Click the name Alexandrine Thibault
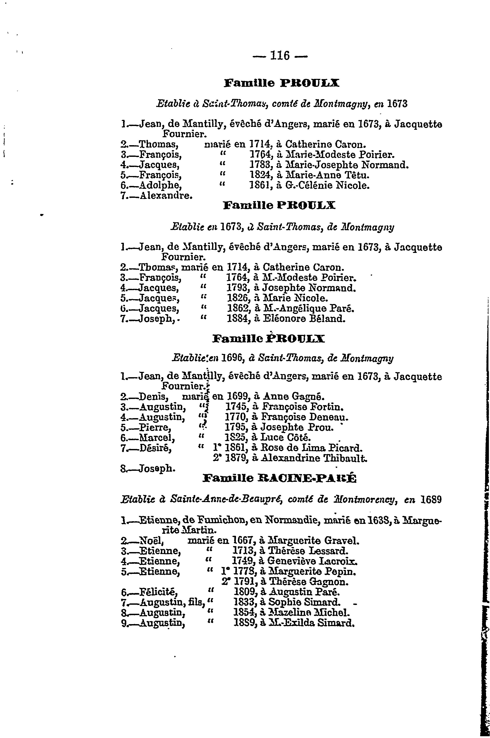[314, 458]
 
